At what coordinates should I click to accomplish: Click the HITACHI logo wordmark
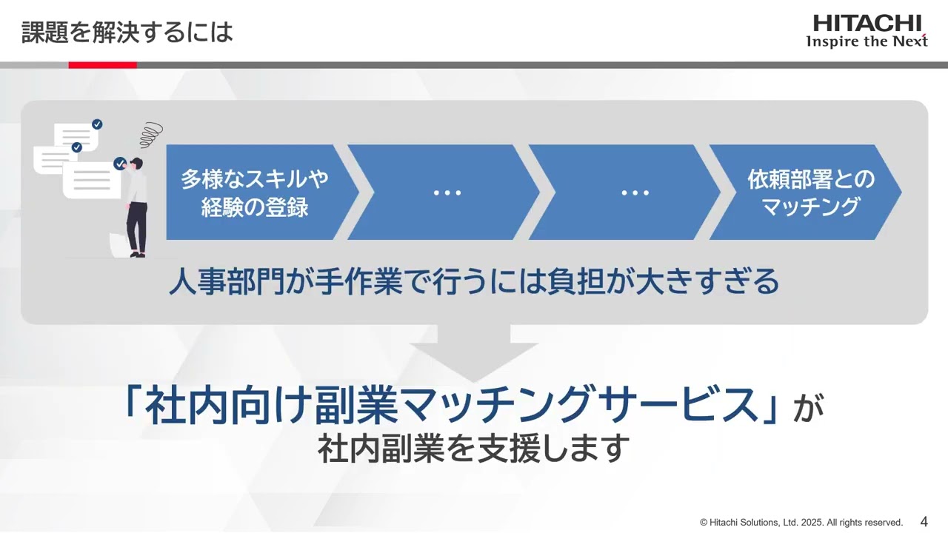(867, 24)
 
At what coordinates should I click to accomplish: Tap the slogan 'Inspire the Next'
(867, 41)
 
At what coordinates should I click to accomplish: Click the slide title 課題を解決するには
(127, 32)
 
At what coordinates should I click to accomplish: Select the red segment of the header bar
(102, 65)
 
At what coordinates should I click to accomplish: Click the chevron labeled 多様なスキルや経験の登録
(255, 192)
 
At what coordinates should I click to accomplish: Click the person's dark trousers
(136, 226)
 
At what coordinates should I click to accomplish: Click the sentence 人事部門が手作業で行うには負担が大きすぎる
(473, 282)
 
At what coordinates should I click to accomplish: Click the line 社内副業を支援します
(473, 449)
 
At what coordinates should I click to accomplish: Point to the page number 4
(924, 520)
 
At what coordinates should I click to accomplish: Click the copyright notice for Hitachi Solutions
(801, 522)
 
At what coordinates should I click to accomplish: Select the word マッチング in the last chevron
(810, 207)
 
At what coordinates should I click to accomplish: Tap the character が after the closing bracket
(809, 409)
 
